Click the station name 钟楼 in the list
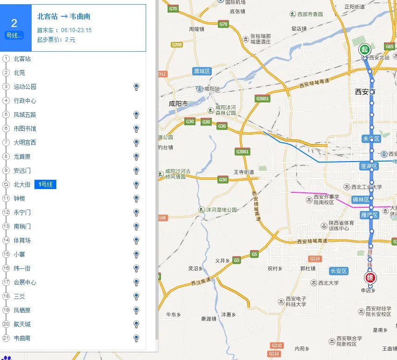pos(20,198)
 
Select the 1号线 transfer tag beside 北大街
pos(46,184)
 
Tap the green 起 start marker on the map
pos(364,49)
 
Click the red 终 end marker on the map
pos(370,278)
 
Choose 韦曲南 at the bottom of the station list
pos(22,338)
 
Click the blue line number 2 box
pos(14,27)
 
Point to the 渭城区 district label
pos(202,71)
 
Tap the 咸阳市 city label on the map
pos(178,103)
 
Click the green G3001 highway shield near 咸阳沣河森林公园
pos(262,99)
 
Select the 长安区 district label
pos(338,271)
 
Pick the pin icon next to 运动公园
pos(136,87)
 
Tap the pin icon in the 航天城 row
pos(136,324)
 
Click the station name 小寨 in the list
pos(20,254)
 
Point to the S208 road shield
pos(176,45)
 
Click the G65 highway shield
pos(390,47)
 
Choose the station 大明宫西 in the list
pos(25,143)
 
